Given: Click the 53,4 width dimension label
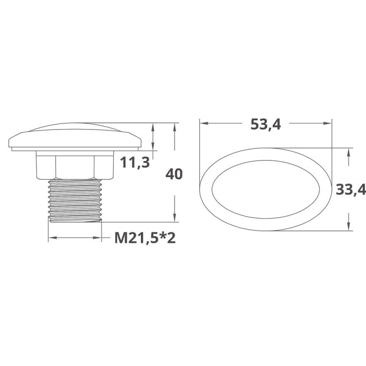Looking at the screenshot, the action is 266,124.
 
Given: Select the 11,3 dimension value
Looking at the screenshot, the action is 135,162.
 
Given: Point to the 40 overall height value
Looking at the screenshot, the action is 174,174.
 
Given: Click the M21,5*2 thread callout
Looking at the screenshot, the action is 145,238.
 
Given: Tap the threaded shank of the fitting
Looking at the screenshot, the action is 75,200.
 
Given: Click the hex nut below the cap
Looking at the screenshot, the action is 75,165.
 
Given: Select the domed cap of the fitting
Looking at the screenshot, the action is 75,135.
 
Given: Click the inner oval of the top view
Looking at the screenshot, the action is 265,160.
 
